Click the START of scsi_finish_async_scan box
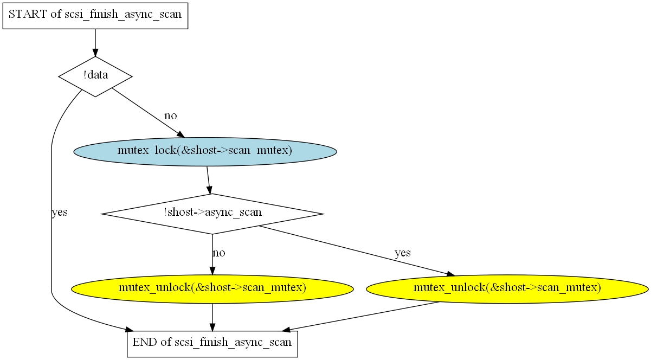tap(95, 16)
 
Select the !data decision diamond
tap(95, 76)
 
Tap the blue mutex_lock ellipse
tap(205, 152)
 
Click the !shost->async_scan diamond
tap(212, 214)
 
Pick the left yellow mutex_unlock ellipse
tap(212, 289)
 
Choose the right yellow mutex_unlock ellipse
tap(507, 289)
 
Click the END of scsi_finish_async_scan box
tap(212, 344)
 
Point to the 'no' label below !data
tap(171, 115)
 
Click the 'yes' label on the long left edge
tap(60, 212)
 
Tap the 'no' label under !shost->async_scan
tap(219, 253)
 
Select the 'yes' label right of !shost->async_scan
tap(403, 253)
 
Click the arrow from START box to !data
tap(95, 43)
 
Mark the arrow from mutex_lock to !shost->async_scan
tap(208, 180)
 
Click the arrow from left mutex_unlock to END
tap(212, 317)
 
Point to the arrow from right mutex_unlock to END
tap(361, 317)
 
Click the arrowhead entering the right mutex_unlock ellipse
tap(450, 274)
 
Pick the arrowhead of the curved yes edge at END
tap(130, 330)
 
